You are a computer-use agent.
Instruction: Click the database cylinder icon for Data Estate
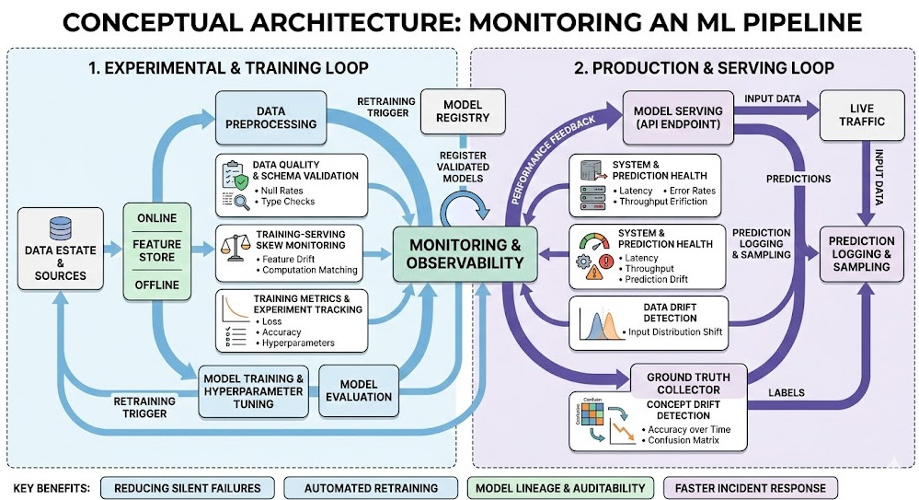coord(60,227)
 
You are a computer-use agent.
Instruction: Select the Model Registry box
coord(451,111)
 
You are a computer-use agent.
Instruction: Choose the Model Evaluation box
coord(359,390)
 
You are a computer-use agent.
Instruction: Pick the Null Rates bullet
coord(287,189)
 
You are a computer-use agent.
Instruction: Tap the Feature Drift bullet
coord(291,259)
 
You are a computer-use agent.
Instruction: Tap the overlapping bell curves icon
coord(595,324)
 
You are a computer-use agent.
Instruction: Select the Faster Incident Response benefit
coord(750,487)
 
